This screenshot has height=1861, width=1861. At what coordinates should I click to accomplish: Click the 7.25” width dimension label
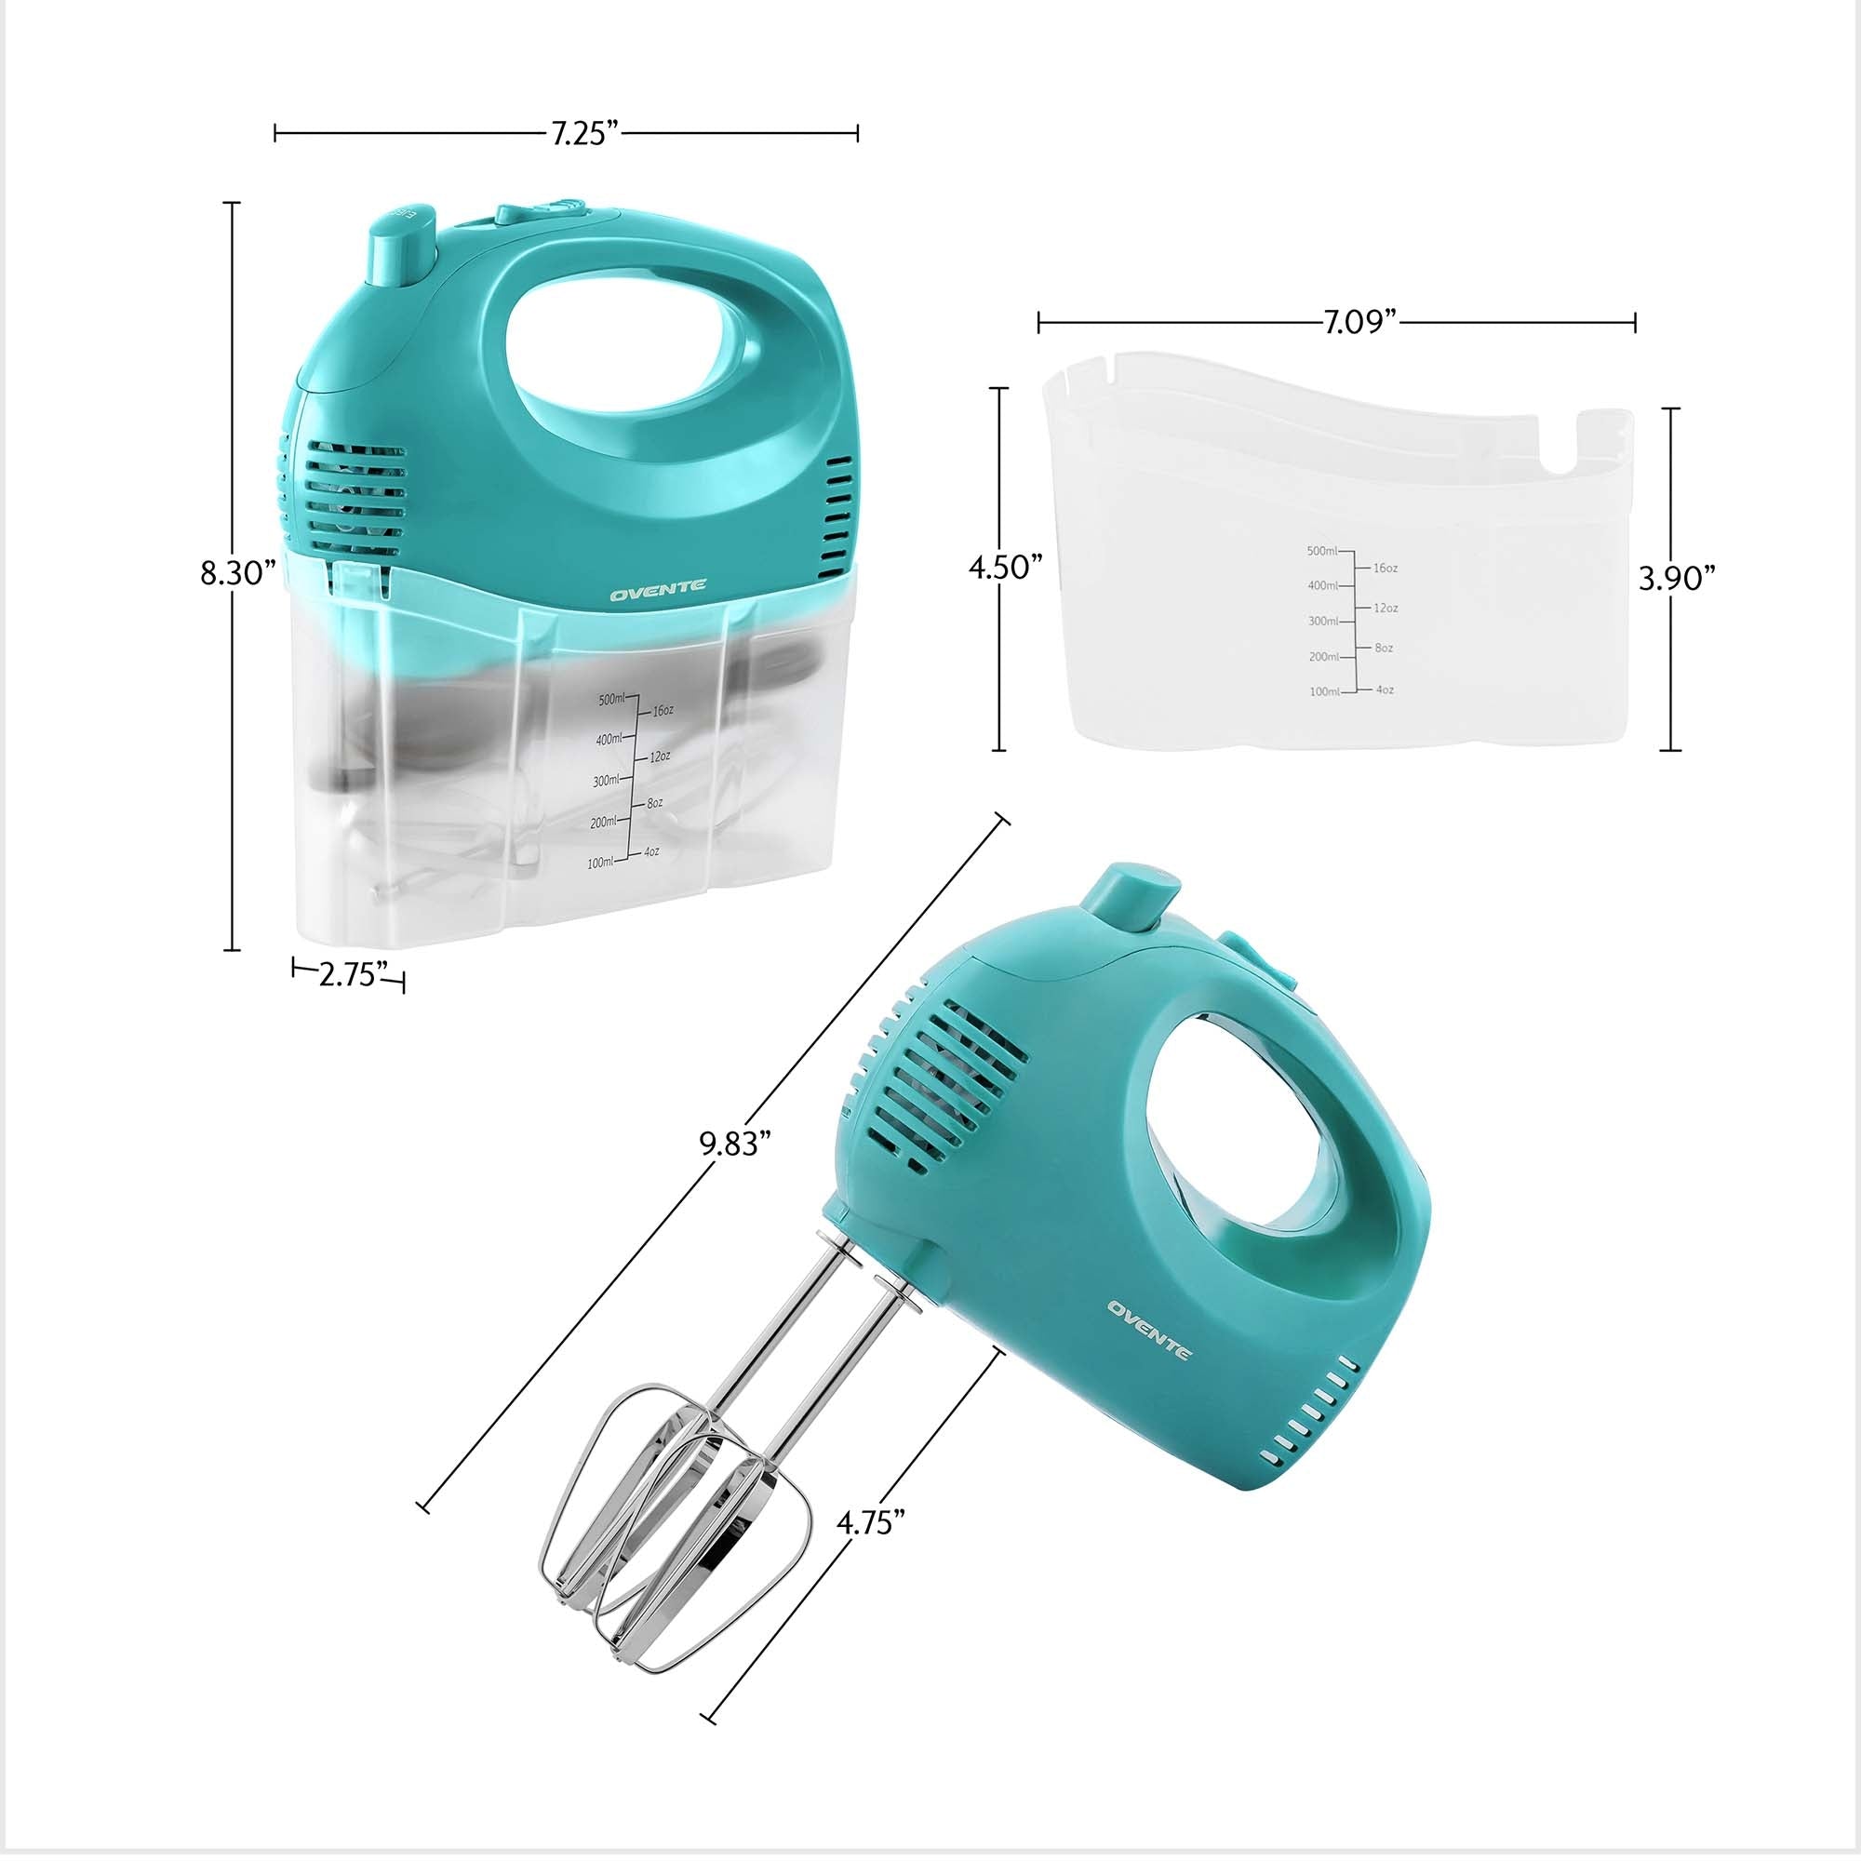tap(583, 133)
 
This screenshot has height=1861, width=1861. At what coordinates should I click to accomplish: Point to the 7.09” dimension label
tap(1359, 322)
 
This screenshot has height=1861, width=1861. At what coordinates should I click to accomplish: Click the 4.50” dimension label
tap(1005, 568)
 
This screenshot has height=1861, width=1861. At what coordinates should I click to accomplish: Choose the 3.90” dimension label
tap(1677, 577)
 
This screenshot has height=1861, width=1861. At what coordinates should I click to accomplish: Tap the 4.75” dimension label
tap(871, 1550)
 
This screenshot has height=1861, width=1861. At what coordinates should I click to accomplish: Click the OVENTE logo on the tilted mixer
tap(1150, 1331)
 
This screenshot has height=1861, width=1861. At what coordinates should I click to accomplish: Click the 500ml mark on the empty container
tap(1322, 551)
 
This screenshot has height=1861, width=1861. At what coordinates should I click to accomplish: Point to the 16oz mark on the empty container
tap(1386, 569)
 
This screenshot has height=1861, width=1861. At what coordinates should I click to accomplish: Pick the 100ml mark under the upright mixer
tap(600, 864)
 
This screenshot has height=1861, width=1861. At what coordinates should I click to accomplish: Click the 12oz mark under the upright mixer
tap(659, 757)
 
